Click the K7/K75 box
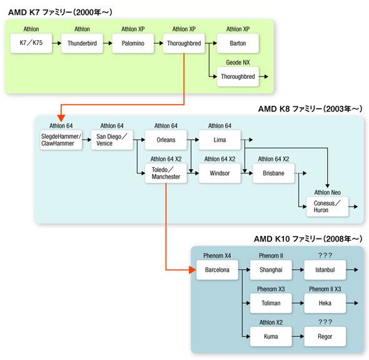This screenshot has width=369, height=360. click(31, 43)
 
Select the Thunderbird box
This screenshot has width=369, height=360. click(82, 43)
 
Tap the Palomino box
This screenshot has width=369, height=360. click(133, 43)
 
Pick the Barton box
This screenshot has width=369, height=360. click(238, 43)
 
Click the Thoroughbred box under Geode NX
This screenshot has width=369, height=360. click(238, 76)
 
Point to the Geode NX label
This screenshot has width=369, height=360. click(238, 63)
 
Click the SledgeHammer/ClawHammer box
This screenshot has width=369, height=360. click(61, 140)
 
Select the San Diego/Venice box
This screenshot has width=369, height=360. click(112, 140)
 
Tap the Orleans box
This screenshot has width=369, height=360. click(166, 140)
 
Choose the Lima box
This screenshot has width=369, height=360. click(220, 140)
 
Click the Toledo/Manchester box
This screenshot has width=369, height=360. click(166, 173)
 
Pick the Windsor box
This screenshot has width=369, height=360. click(220, 173)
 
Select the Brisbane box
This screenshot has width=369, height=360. click(273, 173)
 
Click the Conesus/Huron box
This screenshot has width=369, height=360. click(327, 207)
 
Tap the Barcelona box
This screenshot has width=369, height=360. click(217, 270)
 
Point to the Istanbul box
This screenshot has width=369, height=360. click(325, 270)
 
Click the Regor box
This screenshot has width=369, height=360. click(325, 336)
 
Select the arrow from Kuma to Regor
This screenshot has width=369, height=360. click(298, 336)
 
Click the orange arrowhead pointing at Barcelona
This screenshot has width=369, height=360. click(193, 270)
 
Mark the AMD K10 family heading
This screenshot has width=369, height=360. click(308, 239)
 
